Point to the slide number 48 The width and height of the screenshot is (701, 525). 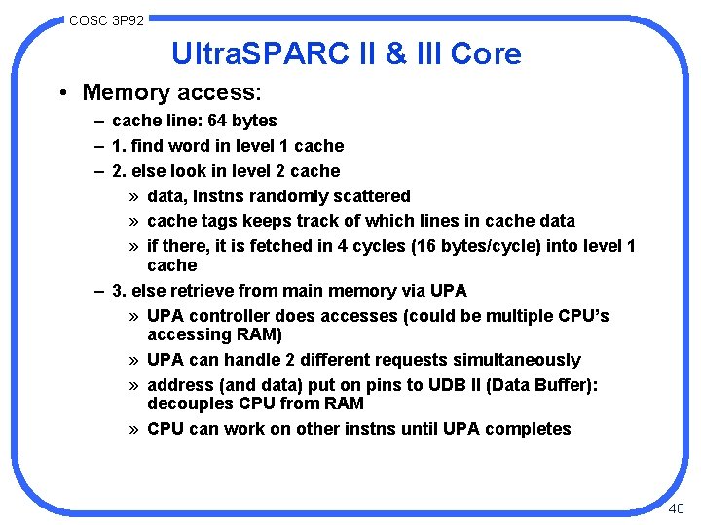pos(678,509)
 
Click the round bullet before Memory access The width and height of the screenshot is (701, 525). pos(61,93)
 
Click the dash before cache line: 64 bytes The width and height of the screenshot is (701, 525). pos(100,121)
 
